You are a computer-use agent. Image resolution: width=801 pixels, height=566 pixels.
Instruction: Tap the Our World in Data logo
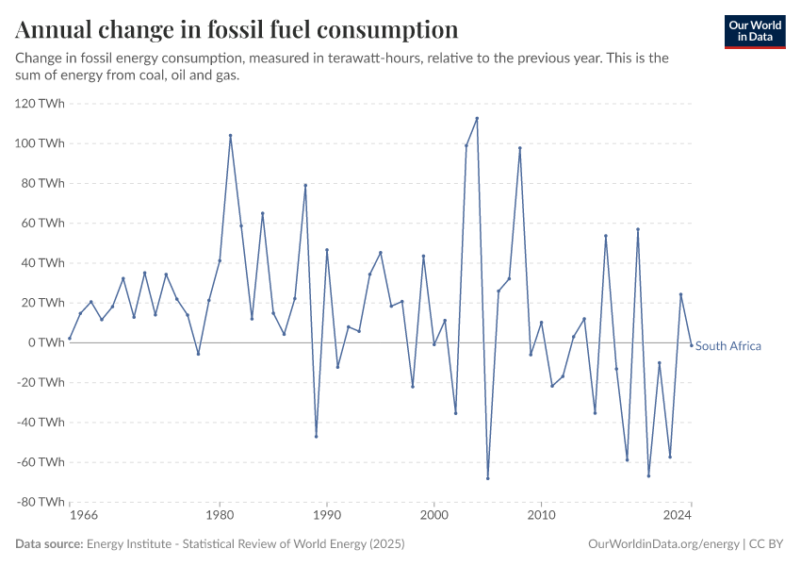click(754, 31)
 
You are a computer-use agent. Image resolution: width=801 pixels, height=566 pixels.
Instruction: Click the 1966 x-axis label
click(83, 517)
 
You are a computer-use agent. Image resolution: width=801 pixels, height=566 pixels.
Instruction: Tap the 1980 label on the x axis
click(220, 517)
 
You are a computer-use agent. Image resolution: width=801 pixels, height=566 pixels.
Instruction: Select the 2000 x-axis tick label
click(433, 517)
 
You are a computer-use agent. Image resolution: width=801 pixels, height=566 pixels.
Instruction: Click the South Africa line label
click(727, 346)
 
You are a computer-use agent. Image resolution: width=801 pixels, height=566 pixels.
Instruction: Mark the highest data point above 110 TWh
click(477, 118)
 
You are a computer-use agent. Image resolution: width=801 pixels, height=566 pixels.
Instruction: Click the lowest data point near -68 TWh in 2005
click(487, 478)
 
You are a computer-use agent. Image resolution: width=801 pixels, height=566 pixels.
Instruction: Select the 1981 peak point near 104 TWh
click(230, 135)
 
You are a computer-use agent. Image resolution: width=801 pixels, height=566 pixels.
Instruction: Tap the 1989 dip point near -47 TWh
click(316, 436)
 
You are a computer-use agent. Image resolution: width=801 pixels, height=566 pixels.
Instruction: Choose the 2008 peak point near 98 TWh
click(519, 147)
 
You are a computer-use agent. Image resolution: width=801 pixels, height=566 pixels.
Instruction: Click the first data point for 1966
click(70, 338)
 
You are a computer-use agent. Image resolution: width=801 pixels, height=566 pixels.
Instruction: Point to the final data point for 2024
click(691, 345)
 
